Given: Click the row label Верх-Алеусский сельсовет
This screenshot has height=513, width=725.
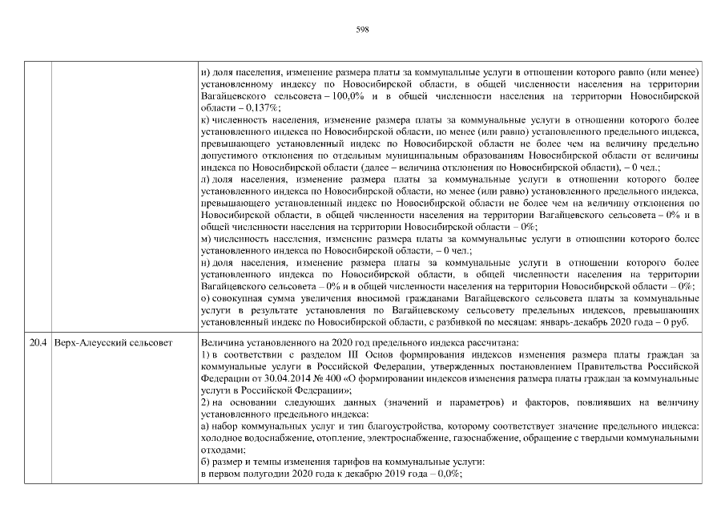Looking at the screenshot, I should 112,342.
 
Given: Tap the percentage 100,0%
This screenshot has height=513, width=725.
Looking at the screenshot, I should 363,95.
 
